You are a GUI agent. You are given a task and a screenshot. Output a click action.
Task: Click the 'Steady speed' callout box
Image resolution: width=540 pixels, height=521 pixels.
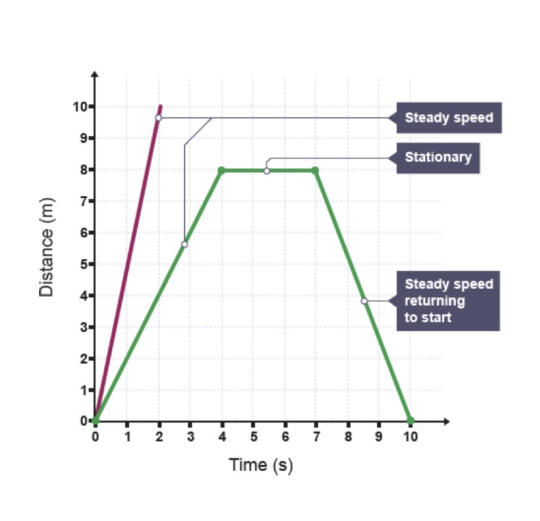[449, 118]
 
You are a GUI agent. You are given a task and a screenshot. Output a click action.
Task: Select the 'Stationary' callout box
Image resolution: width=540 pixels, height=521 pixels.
[438, 158]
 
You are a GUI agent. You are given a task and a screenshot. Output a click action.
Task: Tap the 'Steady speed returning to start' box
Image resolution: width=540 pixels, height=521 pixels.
[448, 301]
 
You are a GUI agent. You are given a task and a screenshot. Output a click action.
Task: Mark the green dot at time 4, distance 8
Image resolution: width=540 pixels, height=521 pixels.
[221, 170]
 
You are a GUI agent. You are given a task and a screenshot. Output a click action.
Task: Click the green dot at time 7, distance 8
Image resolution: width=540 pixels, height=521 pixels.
[316, 170]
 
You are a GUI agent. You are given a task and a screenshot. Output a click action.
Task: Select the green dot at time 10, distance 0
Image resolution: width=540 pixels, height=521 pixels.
[410, 421]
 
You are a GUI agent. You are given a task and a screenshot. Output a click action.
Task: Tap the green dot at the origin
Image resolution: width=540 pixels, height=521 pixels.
[96, 421]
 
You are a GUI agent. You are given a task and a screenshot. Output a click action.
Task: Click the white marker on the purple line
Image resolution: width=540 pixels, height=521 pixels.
[158, 117]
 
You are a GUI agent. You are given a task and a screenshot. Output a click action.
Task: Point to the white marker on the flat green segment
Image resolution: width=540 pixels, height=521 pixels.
[267, 171]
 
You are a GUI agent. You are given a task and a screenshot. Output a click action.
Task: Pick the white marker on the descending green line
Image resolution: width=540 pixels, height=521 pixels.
[364, 301]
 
